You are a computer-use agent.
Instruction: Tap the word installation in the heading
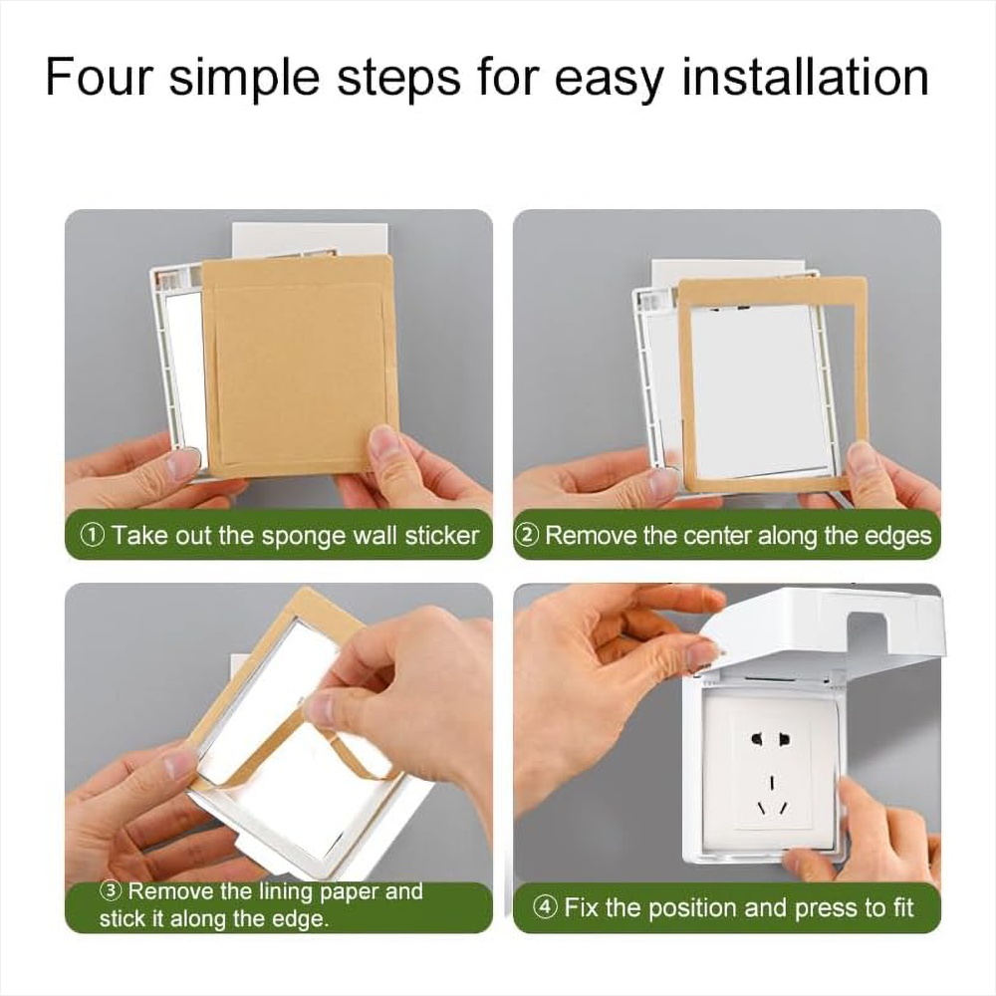(805, 77)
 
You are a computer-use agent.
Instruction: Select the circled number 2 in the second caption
(528, 536)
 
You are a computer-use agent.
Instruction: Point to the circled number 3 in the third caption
(111, 890)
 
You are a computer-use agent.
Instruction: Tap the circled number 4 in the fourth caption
(546, 906)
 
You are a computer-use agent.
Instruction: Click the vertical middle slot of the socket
(773, 781)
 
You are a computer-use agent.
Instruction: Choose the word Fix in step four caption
(582, 907)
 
